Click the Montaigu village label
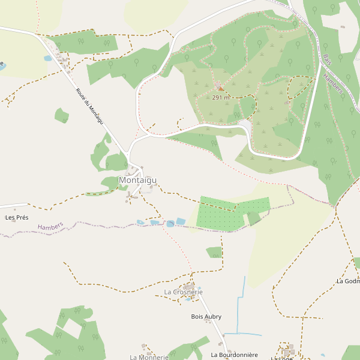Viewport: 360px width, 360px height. (x=138, y=180)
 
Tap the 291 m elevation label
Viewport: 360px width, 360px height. (x=220, y=97)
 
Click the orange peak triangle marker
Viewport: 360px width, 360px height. (x=221, y=88)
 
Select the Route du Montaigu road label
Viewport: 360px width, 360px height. (x=89, y=106)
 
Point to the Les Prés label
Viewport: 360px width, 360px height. (x=17, y=217)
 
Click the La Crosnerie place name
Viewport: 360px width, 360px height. (x=183, y=292)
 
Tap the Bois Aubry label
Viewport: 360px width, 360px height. (x=206, y=316)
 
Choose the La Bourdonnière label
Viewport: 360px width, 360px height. (x=234, y=355)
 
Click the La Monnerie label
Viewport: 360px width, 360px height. (x=149, y=357)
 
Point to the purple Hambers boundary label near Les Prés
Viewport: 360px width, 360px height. (x=50, y=226)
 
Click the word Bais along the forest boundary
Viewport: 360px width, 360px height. (x=327, y=59)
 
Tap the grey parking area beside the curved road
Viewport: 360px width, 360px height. (x=245, y=124)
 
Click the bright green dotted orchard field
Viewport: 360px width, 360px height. (x=220, y=213)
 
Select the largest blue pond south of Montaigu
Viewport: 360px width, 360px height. (x=181, y=221)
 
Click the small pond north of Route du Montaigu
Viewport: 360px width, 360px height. (x=48, y=58)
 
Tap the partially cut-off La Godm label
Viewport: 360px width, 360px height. (x=348, y=281)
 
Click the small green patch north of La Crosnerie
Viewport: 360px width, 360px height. (x=214, y=252)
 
